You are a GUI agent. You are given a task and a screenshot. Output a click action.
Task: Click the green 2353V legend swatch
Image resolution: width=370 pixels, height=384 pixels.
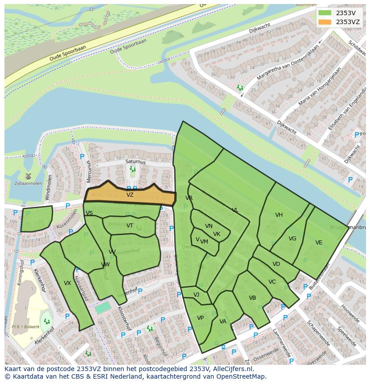[x=325, y=13]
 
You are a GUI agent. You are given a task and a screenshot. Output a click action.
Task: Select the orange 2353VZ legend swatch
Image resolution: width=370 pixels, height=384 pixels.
[x=325, y=22]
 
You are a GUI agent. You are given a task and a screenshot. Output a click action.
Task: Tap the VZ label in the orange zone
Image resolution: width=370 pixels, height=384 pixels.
[x=130, y=195]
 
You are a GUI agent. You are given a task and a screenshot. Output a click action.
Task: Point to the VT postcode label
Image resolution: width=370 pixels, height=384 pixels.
[x=130, y=226]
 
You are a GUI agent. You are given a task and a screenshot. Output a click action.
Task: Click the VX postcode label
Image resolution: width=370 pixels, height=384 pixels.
[x=67, y=283]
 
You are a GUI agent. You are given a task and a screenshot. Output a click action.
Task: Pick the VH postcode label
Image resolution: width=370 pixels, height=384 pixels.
[x=279, y=215]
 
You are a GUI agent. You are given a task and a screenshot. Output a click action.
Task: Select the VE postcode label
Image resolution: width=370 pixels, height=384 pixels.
[x=319, y=243]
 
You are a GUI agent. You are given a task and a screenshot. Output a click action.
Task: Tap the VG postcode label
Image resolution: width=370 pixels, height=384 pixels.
[x=292, y=239]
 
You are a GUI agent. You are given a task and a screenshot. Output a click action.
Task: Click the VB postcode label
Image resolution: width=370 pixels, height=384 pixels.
[x=252, y=298]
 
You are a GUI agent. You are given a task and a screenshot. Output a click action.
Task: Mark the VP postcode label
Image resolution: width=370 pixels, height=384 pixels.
[x=200, y=318]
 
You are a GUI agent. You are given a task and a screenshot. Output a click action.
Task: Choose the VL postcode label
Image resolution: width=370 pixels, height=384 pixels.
[x=235, y=210]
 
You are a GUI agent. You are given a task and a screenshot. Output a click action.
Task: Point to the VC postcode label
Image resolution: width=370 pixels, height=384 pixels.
[x=272, y=282]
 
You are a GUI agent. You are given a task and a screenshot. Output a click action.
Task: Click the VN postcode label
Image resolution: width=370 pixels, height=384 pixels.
[x=209, y=226]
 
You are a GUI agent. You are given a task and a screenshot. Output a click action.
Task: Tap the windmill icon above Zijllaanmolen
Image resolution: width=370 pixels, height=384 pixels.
[x=29, y=176]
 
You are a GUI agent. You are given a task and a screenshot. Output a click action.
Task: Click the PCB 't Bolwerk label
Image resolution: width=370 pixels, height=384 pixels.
[x=26, y=327]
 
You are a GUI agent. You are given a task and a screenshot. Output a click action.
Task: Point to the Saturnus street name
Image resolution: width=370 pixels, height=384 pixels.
[x=135, y=162]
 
